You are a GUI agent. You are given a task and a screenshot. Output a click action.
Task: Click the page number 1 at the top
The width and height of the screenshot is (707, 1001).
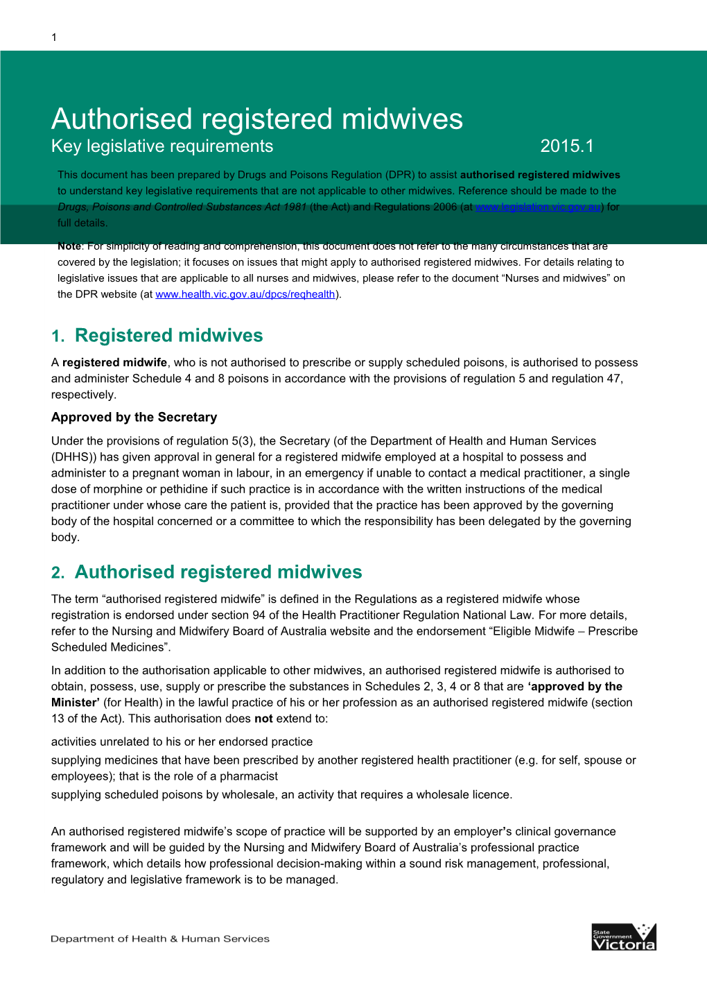pos(54,37)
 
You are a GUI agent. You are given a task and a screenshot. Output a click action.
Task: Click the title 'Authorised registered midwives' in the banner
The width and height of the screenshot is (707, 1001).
pos(256,119)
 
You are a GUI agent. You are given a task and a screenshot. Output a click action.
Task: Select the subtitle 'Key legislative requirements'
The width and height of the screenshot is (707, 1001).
pos(162,146)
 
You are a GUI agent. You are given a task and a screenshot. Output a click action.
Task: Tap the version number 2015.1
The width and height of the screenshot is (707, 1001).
pos(566,146)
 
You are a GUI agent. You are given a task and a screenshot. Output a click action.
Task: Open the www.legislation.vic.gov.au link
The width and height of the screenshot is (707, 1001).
pos(538,207)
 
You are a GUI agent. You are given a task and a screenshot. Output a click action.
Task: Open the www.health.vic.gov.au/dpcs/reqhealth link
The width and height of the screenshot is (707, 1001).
pos(245,294)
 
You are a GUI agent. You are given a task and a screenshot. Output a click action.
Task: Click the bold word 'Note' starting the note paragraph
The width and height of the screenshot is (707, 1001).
pos(69,246)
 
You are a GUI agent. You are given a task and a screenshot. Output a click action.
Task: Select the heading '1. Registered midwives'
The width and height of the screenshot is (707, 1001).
pos(157,336)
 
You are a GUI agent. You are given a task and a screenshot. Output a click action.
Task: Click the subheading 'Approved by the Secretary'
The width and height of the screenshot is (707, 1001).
pos(134,417)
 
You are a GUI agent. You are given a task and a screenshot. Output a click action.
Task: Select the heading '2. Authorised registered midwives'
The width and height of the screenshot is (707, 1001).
pos(207,572)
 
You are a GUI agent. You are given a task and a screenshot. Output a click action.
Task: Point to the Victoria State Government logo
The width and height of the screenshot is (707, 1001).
pos(624,937)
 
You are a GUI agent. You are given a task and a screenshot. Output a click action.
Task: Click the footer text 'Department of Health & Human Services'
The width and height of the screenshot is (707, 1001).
pos(160,939)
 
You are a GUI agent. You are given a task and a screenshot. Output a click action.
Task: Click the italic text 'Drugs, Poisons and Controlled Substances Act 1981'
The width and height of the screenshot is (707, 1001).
pos(182,207)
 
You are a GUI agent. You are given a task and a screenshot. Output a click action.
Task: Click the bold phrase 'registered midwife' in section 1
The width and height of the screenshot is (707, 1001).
pos(114,362)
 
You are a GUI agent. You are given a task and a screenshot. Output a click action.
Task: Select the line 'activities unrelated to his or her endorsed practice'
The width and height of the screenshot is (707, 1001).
pos(182,742)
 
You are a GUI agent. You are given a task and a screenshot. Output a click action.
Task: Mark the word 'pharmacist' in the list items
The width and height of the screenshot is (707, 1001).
pos(249,776)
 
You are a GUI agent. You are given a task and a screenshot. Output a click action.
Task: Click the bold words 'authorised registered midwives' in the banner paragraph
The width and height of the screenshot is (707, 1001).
pos(540,175)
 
